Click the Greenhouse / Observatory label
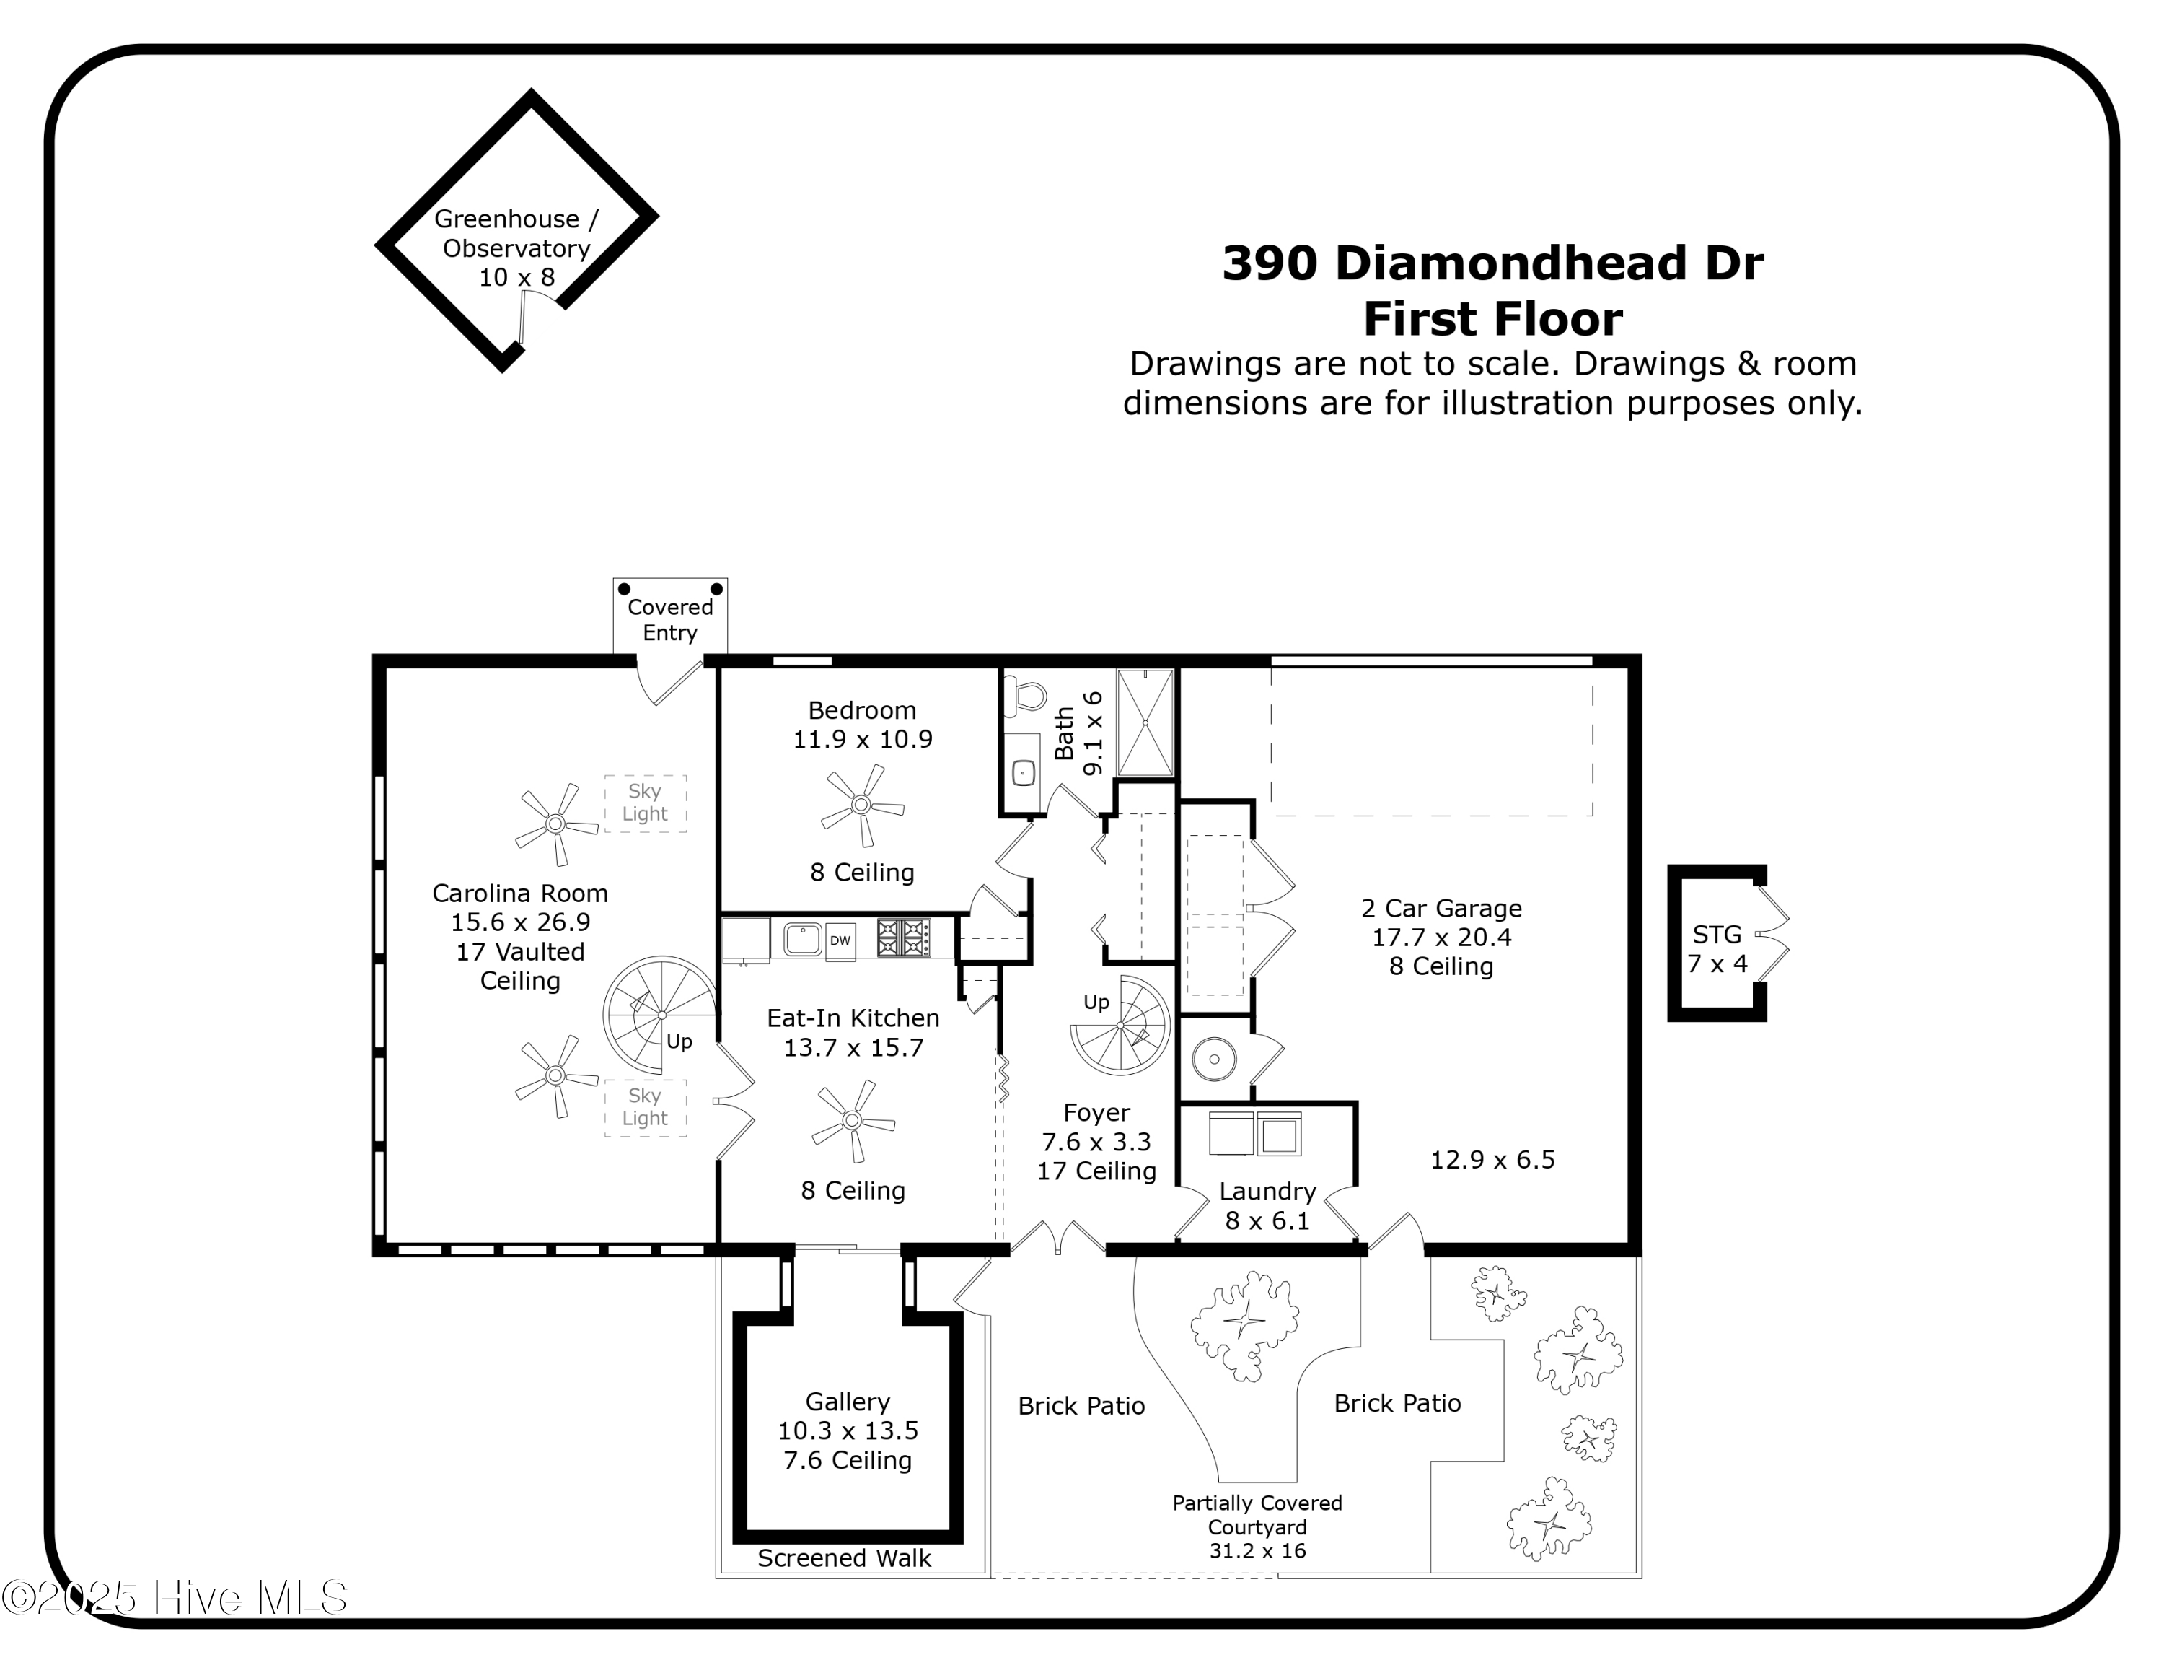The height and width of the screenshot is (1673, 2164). [516, 248]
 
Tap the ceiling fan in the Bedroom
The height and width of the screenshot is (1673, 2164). [862, 805]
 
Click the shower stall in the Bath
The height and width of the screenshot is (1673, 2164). [1145, 723]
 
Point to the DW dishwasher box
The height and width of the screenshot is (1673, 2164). [840, 940]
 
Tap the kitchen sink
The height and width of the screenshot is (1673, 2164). [803, 938]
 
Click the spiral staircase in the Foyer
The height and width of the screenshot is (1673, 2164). [1121, 1026]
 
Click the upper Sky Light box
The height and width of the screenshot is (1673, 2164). [645, 803]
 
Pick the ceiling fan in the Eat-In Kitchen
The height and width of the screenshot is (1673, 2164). [853, 1121]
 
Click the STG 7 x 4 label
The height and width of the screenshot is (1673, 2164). [1717, 948]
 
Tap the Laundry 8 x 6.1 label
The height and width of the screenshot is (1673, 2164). [1267, 1205]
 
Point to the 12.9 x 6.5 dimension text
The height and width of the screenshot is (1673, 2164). [1492, 1160]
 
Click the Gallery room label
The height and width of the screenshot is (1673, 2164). [848, 1430]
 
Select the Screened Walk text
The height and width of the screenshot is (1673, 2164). [844, 1558]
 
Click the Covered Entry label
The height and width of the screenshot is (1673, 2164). [670, 619]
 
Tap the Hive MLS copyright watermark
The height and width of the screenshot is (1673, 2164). [175, 1598]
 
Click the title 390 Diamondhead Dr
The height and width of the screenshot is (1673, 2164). [1492, 263]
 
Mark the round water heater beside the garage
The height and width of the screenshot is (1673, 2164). [1214, 1060]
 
